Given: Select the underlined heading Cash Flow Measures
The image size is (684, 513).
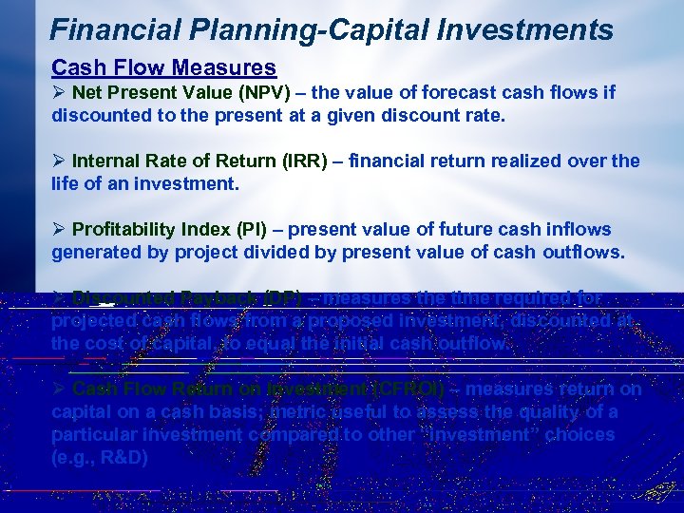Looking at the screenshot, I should [163, 68].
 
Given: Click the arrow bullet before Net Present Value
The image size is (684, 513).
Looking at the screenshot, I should [59, 93].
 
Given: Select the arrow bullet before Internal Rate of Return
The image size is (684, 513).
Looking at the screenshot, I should [59, 161].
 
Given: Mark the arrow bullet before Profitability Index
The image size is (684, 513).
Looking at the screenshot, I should [59, 230].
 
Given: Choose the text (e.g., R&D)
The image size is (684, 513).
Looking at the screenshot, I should [100, 457].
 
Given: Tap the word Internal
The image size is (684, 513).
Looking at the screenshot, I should [104, 161].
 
